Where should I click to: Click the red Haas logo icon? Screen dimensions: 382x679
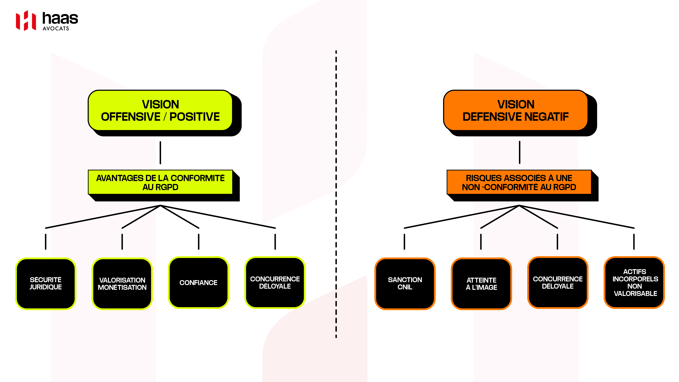click(26, 21)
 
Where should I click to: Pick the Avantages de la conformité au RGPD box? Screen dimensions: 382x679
click(160, 182)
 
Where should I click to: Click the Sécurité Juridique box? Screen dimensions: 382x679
click(46, 283)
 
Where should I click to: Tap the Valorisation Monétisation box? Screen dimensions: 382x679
click(122, 283)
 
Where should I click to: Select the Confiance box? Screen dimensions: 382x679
click(199, 283)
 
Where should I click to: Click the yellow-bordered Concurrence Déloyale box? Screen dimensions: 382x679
click(275, 283)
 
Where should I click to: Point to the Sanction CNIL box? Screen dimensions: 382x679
click(405, 283)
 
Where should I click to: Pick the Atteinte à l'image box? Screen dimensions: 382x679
click(481, 283)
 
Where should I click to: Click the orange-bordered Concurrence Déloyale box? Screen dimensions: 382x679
click(558, 283)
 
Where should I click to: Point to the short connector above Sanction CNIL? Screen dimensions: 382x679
click(404, 242)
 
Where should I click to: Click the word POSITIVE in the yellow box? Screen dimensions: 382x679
click(195, 117)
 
